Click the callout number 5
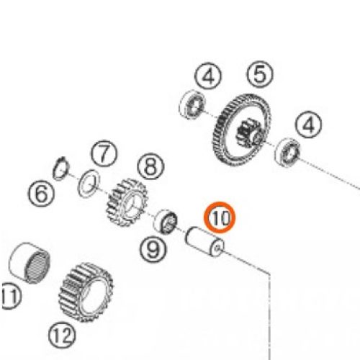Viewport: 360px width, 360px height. [260, 74]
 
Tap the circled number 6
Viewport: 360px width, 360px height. [41, 194]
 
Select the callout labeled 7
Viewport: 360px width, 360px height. [104, 153]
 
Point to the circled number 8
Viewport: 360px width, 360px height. [150, 166]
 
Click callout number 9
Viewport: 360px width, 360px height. [153, 250]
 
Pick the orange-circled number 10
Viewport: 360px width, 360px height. [220, 217]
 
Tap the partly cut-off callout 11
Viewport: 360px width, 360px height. [11, 296]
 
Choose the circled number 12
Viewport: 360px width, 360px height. [62, 335]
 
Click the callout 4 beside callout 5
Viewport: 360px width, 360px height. [208, 76]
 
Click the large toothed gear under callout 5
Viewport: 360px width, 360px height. [241, 130]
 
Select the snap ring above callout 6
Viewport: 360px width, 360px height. [61, 168]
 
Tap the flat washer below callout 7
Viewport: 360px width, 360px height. [89, 184]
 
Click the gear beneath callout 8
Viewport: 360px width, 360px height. [127, 202]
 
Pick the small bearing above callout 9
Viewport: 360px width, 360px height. [166, 221]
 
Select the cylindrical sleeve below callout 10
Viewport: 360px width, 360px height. [204, 241]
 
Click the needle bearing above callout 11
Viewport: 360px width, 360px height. [30, 263]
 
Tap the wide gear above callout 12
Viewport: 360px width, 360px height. [86, 292]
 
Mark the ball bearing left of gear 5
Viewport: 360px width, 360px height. [192, 104]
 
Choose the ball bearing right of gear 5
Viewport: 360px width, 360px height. [287, 152]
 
